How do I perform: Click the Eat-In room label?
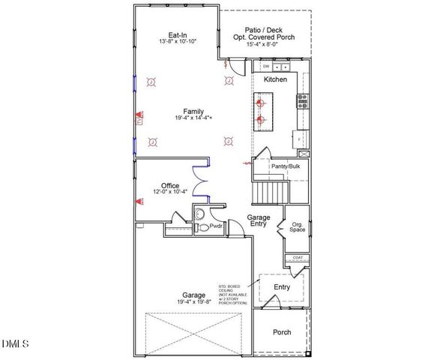[178, 35]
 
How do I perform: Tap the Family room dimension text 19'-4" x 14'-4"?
[178, 118]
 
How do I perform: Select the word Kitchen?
[275, 79]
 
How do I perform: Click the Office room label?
[170, 185]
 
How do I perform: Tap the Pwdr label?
[217, 224]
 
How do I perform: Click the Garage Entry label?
[259, 220]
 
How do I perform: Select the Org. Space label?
[297, 226]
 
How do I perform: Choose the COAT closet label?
[298, 258]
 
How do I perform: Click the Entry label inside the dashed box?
[282, 287]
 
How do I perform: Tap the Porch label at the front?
[281, 332]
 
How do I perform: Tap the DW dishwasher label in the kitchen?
[266, 66]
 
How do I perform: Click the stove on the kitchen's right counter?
[303, 100]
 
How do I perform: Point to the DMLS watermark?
[15, 343]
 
